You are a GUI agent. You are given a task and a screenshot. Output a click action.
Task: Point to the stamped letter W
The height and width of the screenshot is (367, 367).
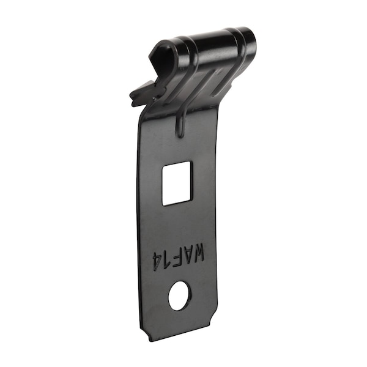coord(198,252)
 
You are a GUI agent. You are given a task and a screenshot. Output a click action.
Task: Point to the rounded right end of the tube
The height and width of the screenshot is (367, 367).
coord(248,38)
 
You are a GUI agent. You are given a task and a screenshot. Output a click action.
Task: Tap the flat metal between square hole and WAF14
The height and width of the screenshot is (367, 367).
coord(177,223)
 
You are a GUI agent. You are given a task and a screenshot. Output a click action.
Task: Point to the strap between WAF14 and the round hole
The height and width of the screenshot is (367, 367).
coord(179,275)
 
